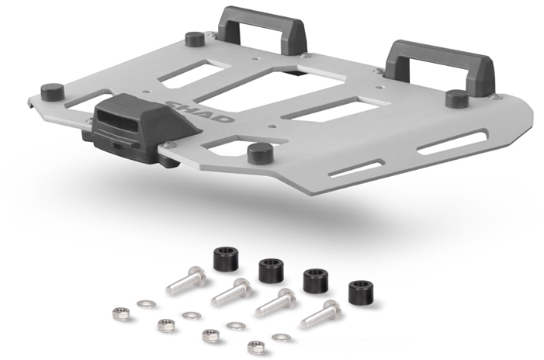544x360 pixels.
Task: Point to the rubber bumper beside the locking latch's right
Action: click(257, 152)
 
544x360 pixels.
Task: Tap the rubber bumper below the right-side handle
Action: click(457, 99)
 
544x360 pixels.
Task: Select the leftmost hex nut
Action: click(120, 313)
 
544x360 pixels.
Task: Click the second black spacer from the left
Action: click(270, 271)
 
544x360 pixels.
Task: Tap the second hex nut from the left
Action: click(164, 324)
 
